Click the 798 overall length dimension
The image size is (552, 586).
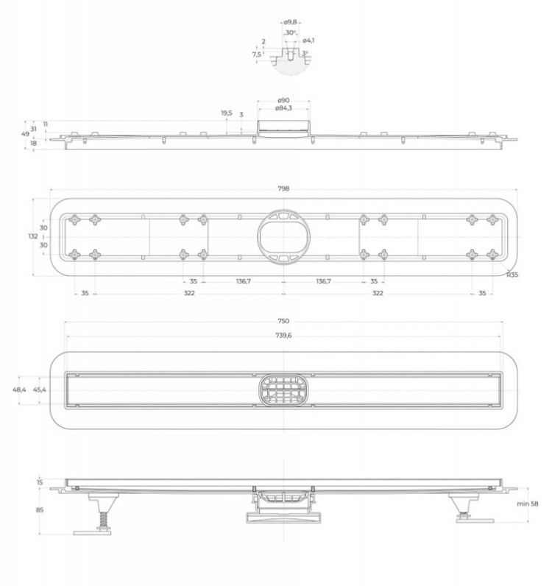tap(284, 188)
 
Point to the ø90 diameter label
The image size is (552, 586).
tap(283, 100)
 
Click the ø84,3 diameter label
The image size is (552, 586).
tap(283, 108)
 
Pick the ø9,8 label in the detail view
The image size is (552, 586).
tap(291, 22)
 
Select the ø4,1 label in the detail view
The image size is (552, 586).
tap(308, 40)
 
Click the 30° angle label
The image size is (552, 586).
tap(291, 33)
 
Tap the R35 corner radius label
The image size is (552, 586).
tap(512, 275)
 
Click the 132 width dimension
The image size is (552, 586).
tap(33, 236)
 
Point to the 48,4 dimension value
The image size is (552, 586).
tap(20, 389)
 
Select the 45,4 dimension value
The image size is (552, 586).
tap(40, 389)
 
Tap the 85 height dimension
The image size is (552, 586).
tap(40, 509)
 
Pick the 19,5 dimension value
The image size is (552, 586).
tap(226, 113)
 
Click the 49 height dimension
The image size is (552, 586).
tap(24, 134)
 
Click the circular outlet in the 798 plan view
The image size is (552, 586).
tap(284, 236)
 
